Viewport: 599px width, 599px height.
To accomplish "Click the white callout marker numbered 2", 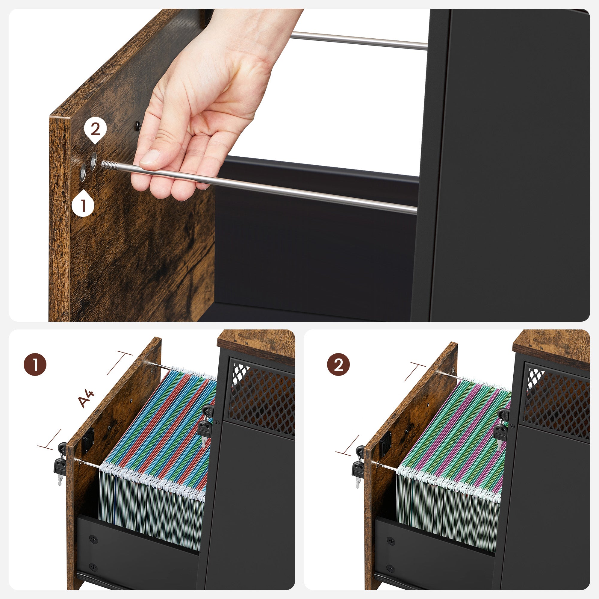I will (95, 129).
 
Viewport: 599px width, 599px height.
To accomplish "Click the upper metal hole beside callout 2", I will (93, 160).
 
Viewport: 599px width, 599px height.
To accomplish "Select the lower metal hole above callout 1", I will (83, 172).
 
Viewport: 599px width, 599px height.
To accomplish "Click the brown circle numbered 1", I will (35, 364).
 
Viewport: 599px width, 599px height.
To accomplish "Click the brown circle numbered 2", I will (338, 364).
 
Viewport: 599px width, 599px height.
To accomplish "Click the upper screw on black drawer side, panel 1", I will (93, 539).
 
